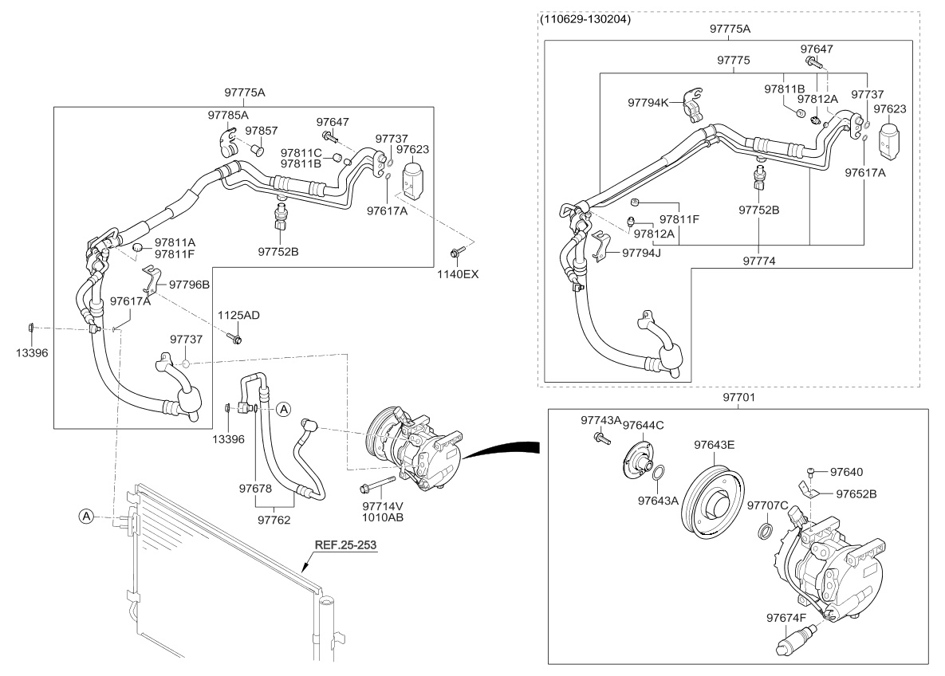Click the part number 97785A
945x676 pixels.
tap(229, 115)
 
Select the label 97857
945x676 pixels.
tap(261, 131)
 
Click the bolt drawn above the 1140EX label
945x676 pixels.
tap(455, 253)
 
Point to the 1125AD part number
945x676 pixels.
tap(238, 316)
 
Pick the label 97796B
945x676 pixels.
tap(189, 284)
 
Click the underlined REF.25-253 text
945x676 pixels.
tap(345, 545)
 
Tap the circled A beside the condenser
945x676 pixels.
tap(86, 517)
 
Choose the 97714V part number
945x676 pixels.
tap(383, 505)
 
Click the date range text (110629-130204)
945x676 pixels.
tap(585, 19)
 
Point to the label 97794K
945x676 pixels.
tap(648, 103)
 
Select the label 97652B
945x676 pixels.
tap(856, 493)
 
